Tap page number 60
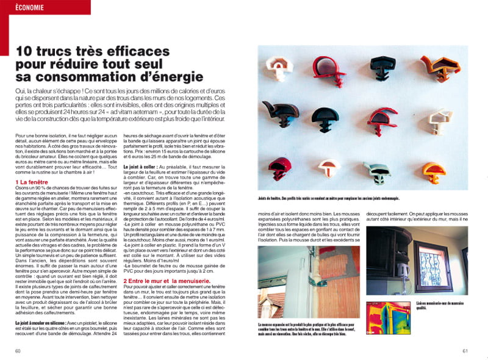tap(18, 350)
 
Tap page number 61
tap(465, 350)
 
